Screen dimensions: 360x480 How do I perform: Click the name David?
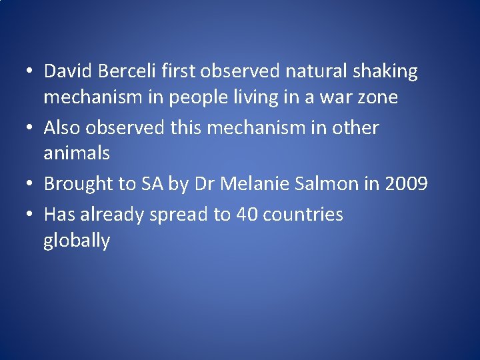(x=67, y=71)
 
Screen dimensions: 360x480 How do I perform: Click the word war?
(x=335, y=97)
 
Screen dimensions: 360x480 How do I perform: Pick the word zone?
(x=378, y=97)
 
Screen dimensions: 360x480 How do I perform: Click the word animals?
(x=76, y=153)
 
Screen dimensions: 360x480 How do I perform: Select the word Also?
(x=63, y=127)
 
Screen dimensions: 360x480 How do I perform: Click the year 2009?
(x=405, y=183)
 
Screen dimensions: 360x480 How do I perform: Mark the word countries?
(x=303, y=215)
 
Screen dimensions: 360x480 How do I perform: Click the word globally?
(x=76, y=241)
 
